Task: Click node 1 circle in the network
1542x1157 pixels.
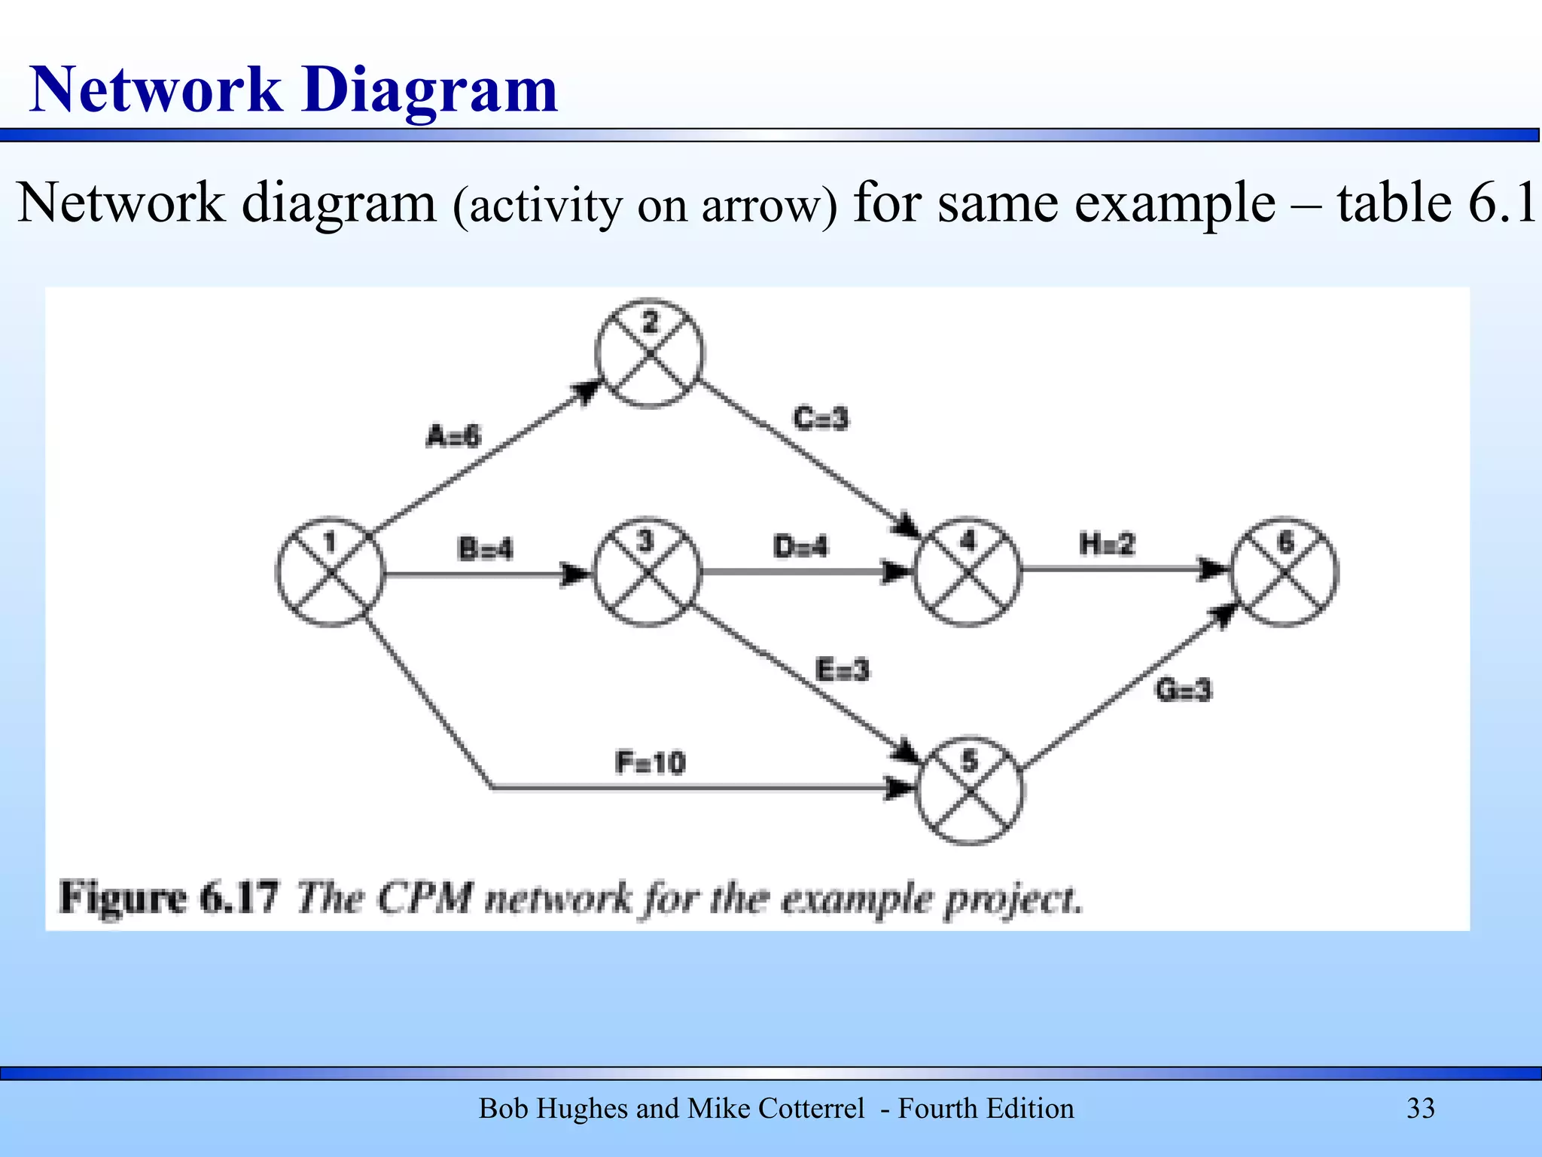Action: (330, 572)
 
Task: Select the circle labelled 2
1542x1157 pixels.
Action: (649, 353)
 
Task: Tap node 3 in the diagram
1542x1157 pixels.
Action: (647, 572)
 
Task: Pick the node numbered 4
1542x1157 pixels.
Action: (968, 572)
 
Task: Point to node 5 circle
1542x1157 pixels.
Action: (970, 791)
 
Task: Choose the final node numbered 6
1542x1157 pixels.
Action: (1285, 571)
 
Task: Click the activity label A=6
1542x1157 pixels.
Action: (453, 436)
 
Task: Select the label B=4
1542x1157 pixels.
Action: (485, 548)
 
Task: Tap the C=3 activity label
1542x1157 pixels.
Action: (820, 418)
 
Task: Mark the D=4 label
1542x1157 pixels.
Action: (800, 546)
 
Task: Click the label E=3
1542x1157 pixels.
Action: (842, 669)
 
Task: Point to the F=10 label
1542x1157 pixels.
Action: (650, 763)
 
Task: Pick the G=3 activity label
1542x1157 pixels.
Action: (1183, 689)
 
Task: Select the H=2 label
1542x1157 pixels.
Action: (1106, 544)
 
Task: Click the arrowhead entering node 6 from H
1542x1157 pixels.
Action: (1214, 569)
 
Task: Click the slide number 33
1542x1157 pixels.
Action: (1420, 1108)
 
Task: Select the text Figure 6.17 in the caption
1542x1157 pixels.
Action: (169, 897)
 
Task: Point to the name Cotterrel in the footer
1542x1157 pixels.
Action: (812, 1108)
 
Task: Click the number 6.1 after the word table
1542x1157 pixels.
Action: (1501, 203)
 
